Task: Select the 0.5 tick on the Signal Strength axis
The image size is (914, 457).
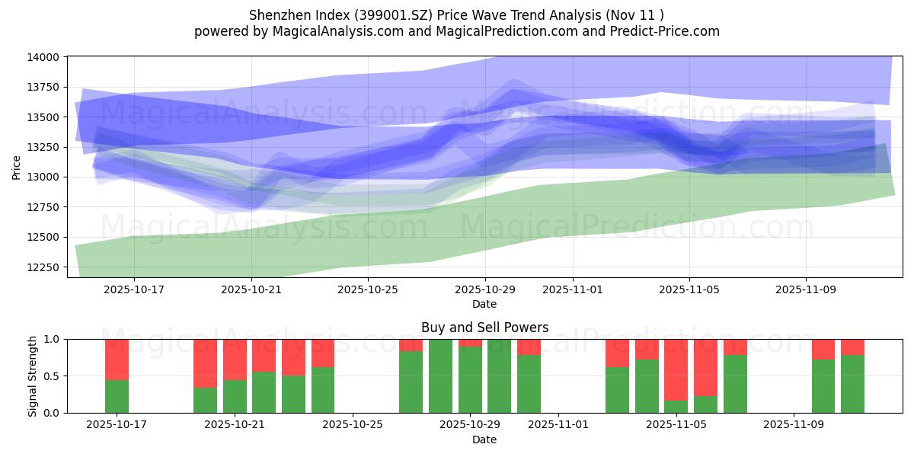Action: tap(53, 376)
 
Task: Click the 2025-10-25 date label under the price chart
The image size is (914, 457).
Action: tap(368, 289)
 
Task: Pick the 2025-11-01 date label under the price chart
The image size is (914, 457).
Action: tap(573, 289)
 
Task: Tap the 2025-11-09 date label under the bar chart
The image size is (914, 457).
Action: tap(794, 425)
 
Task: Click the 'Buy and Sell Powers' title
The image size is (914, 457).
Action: tap(484, 328)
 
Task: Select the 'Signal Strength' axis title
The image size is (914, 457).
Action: tap(33, 376)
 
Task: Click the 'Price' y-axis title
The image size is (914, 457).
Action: tap(17, 166)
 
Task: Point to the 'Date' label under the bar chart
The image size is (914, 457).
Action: tap(484, 439)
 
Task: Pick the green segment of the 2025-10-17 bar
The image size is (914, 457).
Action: tap(117, 396)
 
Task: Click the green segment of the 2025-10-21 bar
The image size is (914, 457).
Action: tap(235, 396)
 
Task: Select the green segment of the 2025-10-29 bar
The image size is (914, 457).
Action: tap(470, 380)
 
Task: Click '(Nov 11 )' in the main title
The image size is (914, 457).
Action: tap(634, 15)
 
